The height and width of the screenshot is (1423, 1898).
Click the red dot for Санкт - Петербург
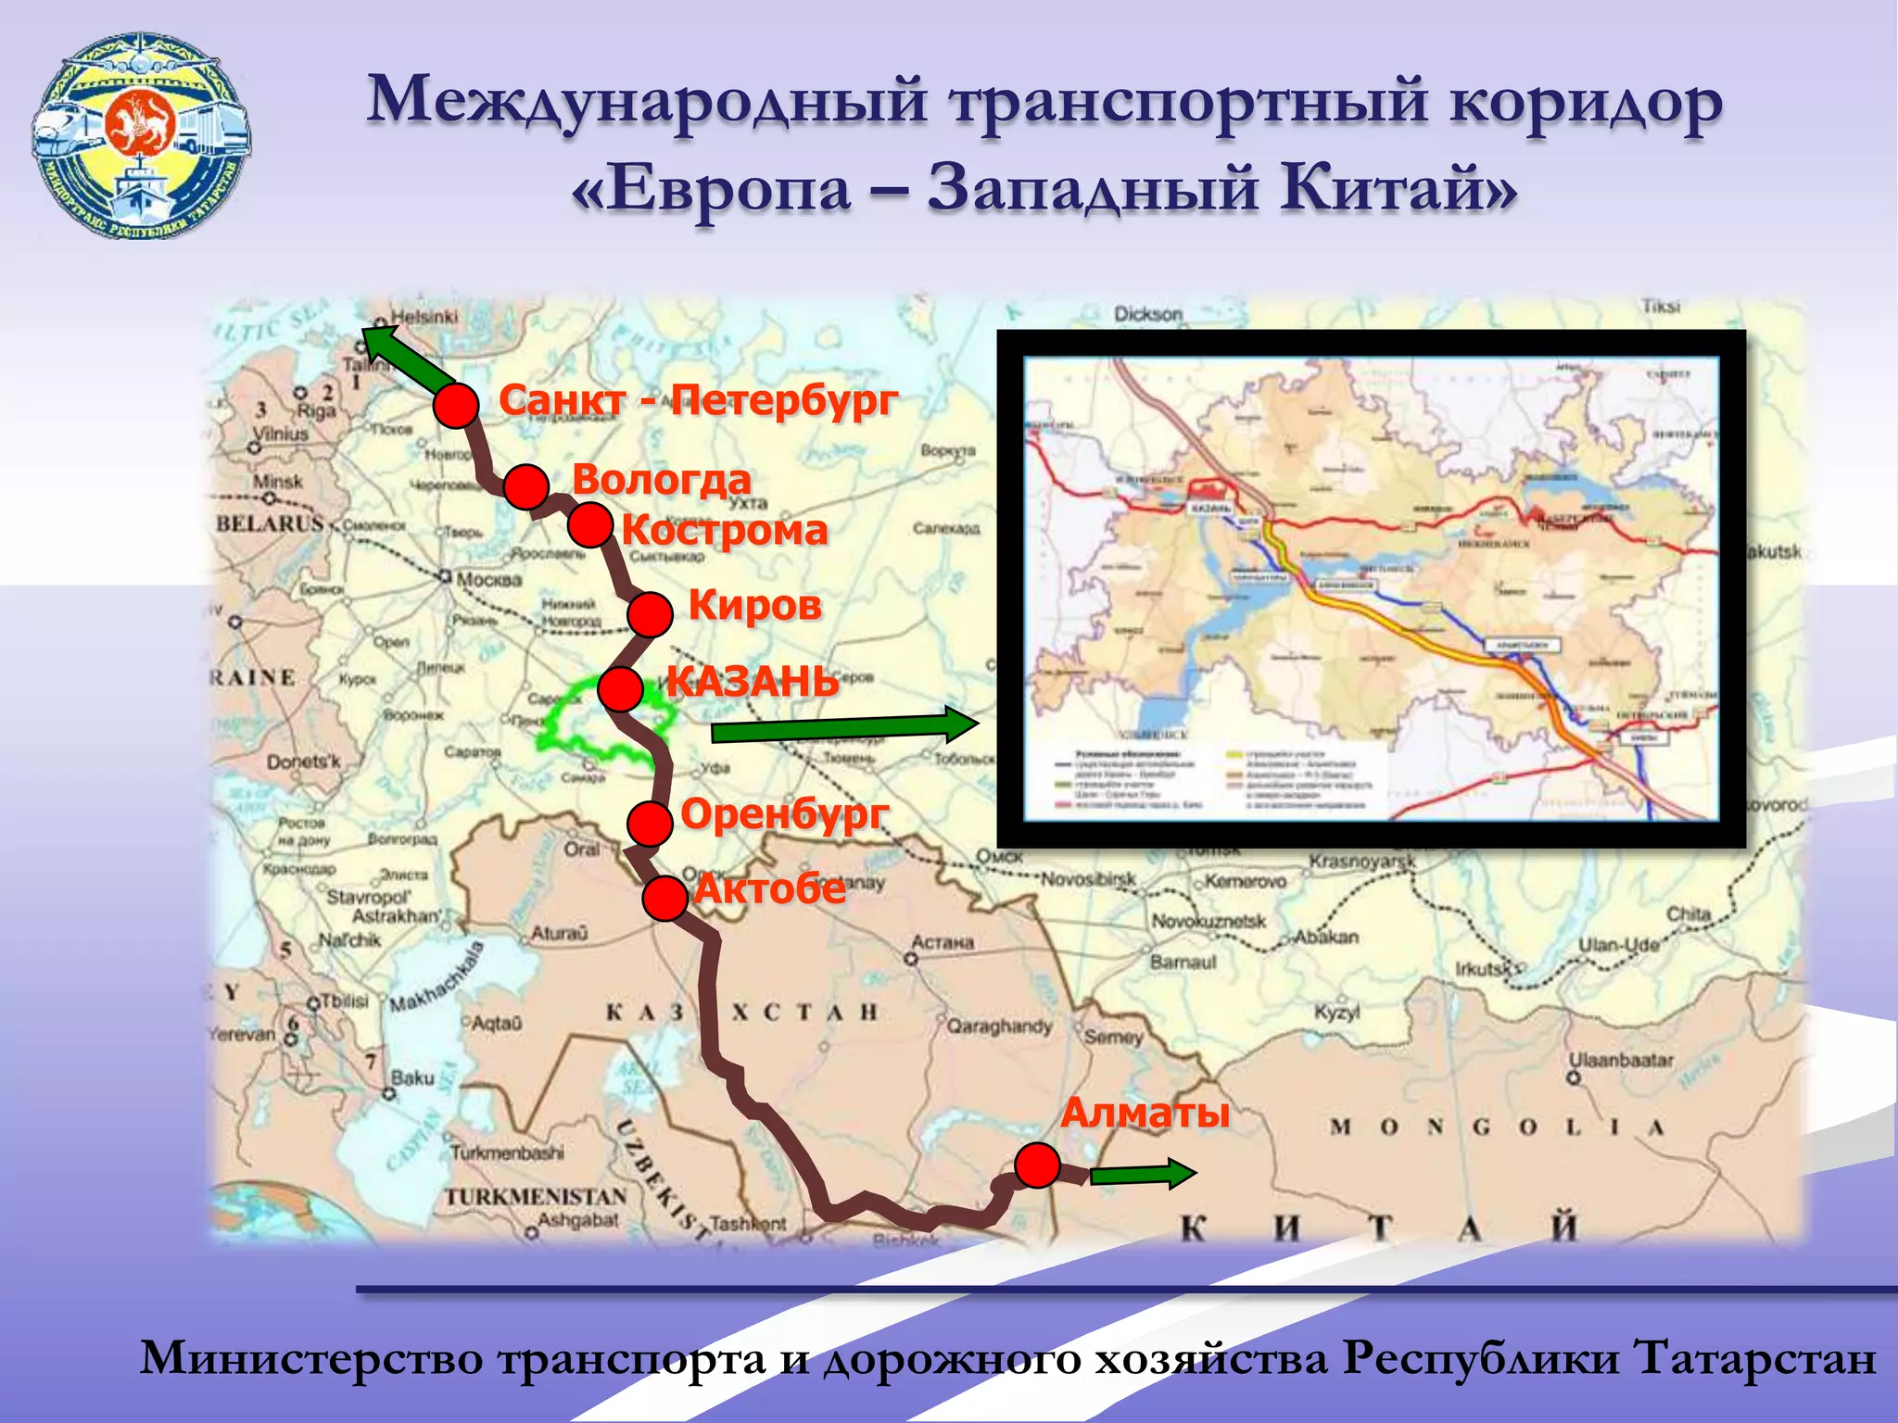point(456,406)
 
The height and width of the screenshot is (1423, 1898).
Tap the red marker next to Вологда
point(526,486)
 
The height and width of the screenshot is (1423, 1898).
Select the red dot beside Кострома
point(589,525)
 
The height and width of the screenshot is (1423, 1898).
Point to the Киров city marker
point(650,614)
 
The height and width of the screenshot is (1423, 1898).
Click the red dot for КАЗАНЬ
point(620,688)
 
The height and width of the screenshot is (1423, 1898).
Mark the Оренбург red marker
point(650,823)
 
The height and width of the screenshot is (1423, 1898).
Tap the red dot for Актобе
point(664,898)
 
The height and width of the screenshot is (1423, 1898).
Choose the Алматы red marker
point(1037,1165)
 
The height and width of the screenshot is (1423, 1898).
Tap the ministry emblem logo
point(141,136)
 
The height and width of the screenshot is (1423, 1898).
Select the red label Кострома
point(725,530)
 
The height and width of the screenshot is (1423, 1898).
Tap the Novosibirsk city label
point(1088,878)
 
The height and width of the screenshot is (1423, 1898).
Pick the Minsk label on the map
point(277,482)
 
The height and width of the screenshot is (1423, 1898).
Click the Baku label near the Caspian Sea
point(412,1077)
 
